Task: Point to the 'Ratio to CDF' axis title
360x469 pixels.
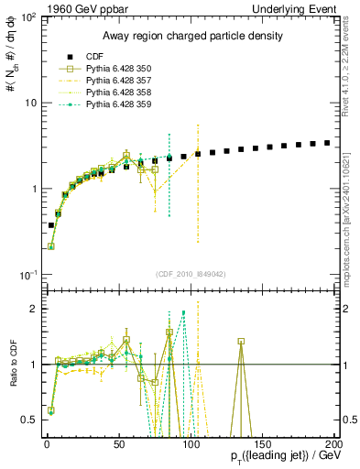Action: pos(11,364)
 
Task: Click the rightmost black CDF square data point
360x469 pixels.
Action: pos(327,143)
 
